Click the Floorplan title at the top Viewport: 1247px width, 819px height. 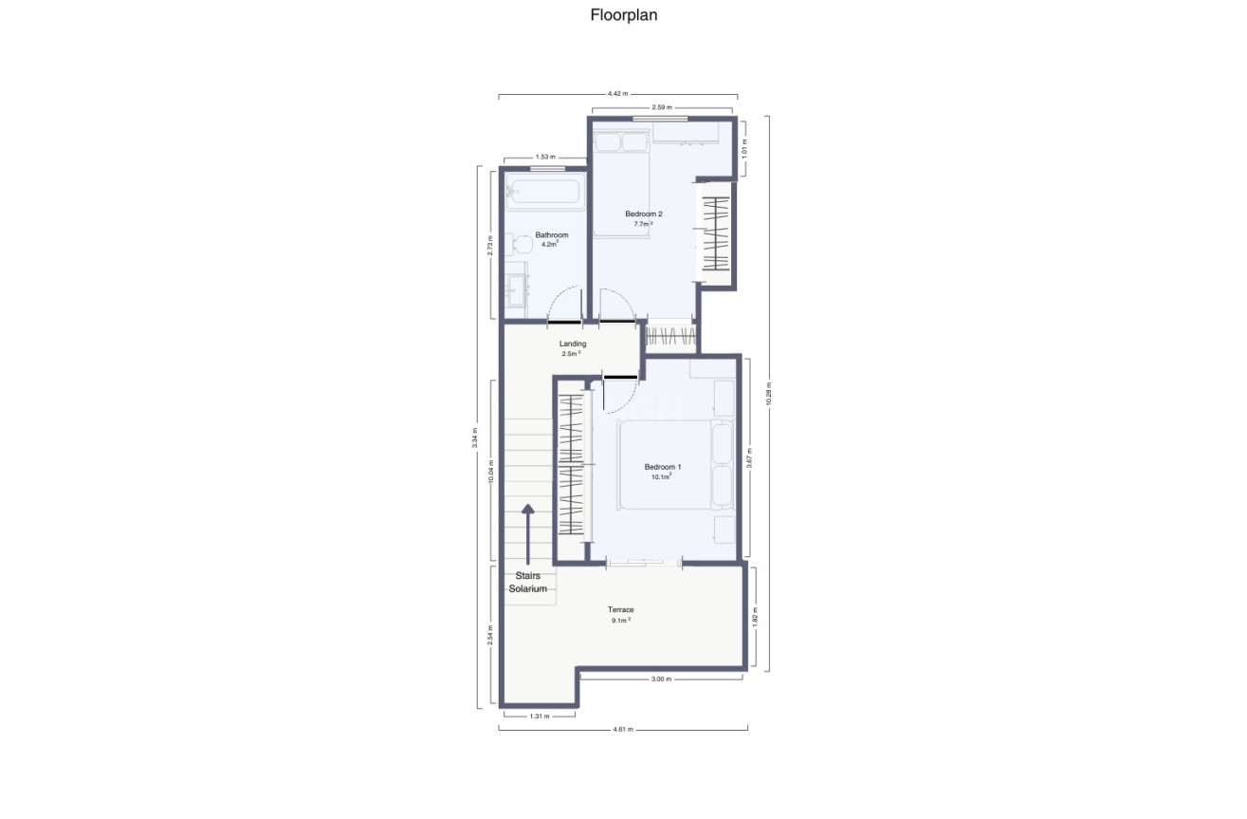coord(623,15)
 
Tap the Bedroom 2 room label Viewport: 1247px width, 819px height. coord(644,214)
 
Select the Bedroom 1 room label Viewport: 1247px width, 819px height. coord(662,467)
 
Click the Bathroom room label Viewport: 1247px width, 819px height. coord(551,235)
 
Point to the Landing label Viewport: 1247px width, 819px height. coord(573,344)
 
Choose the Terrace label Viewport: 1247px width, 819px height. coord(621,609)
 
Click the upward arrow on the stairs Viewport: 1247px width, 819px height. coord(528,523)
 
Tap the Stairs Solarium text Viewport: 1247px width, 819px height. coord(527,582)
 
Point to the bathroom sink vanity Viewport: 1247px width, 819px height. coord(517,289)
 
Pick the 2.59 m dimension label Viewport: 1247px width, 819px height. coord(662,108)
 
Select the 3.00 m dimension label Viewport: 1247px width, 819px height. coord(661,679)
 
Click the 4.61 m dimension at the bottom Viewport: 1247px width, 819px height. coord(623,729)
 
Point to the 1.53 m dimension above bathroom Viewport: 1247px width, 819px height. coord(545,157)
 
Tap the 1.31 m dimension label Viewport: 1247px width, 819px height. coord(539,716)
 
